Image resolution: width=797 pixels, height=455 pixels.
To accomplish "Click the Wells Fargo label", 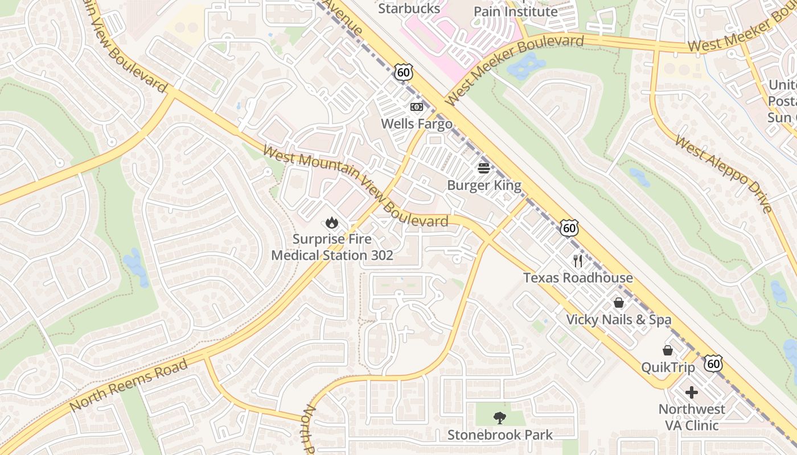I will point(416,123).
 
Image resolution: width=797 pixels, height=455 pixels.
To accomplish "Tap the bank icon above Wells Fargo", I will point(417,107).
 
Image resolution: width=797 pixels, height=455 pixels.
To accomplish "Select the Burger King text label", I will point(484,185).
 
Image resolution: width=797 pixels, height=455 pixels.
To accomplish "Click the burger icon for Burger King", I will point(484,168).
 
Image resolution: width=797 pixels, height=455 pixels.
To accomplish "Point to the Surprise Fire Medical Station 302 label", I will point(332,247).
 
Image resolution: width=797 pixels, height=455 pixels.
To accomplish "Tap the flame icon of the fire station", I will point(332,223).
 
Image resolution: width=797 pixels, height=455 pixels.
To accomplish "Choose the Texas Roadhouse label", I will point(578,278).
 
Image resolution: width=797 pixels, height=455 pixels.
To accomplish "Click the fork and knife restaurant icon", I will point(578,261).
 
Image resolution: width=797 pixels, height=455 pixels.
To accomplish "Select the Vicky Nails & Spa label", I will point(618,320).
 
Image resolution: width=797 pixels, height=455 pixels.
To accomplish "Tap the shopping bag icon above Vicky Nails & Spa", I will point(619,303).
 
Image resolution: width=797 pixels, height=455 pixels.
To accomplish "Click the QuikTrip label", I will point(668,367).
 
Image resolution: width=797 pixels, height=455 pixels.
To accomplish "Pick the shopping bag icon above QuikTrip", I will point(668,350).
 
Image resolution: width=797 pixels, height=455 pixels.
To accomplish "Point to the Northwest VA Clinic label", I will point(692,417).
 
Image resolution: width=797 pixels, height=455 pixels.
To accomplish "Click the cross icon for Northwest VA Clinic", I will point(692,392).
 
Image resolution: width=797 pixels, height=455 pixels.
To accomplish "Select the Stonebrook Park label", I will point(500,435).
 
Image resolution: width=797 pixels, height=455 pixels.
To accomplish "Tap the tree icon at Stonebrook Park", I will point(500,418).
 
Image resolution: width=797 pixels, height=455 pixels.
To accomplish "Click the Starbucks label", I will point(409,9).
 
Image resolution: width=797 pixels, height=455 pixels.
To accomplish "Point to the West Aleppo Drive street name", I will point(724,173).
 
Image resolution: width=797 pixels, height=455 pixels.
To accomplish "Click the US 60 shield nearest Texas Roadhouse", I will point(569,227).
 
